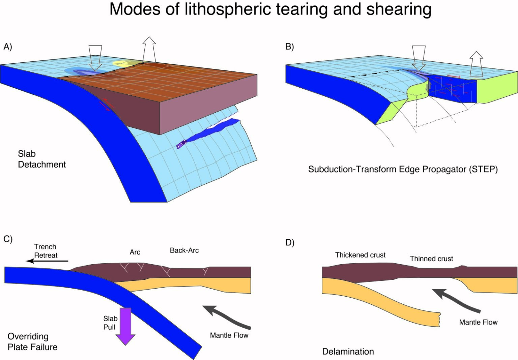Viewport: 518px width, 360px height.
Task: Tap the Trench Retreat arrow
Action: [47, 261]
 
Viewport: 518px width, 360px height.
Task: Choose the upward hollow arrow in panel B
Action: [476, 64]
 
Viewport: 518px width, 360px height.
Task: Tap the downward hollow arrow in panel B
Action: [419, 58]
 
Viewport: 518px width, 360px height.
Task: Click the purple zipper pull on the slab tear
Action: [181, 144]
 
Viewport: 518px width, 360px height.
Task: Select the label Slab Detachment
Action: [41, 159]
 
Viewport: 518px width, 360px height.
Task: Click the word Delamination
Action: [348, 352]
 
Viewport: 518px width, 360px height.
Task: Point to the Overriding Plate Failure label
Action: [32, 341]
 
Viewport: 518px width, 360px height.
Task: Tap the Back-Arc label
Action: [184, 250]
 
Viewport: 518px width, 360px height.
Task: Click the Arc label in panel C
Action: [135, 252]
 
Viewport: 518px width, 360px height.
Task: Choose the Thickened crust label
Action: [360, 255]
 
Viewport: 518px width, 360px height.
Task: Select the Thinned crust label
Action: [431, 259]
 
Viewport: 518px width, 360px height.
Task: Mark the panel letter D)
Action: [290, 243]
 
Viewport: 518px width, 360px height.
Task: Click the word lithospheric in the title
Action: [228, 9]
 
